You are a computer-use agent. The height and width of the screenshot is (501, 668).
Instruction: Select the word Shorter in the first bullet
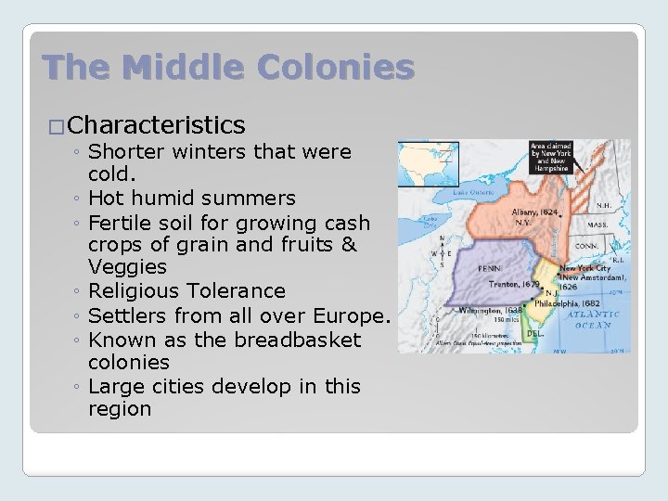pyautogui.click(x=135, y=151)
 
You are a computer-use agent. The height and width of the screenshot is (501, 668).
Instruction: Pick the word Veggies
pyautogui.click(x=127, y=268)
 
